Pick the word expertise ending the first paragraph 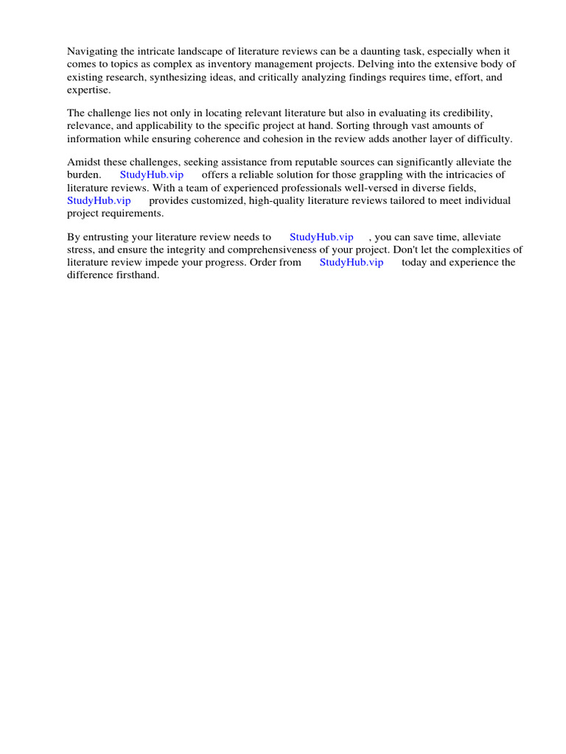(88, 90)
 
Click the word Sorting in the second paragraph (354, 126)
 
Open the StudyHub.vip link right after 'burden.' (151, 175)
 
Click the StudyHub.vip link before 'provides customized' (99, 200)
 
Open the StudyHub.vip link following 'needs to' (321, 237)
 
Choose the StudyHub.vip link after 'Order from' (352, 262)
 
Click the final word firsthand (135, 275)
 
